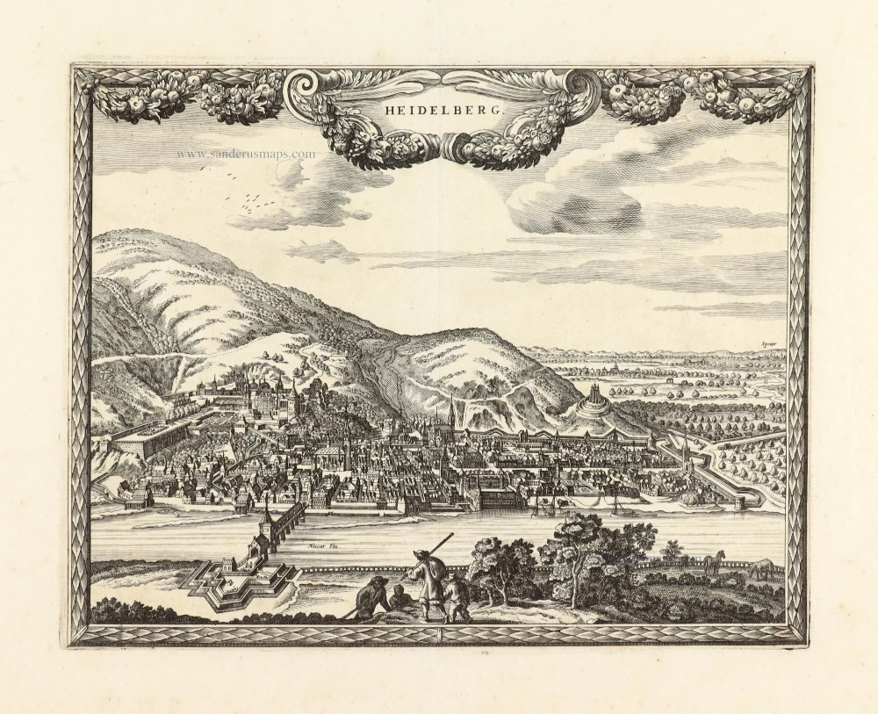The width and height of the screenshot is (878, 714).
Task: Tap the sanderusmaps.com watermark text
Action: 245,155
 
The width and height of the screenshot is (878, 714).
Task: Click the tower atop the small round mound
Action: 595,392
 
